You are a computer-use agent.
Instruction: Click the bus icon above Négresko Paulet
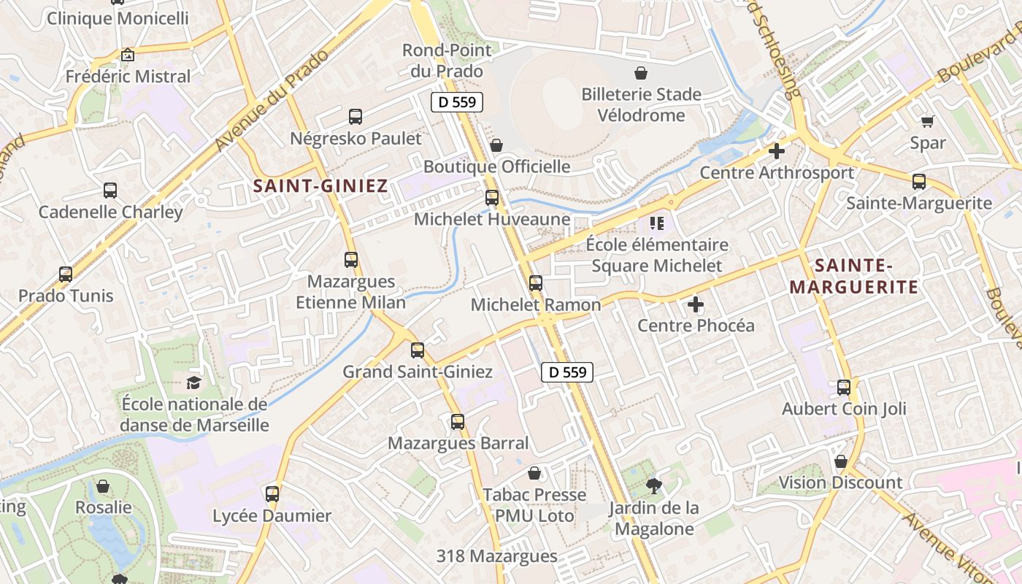(356, 116)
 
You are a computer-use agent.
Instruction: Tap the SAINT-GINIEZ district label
(320, 186)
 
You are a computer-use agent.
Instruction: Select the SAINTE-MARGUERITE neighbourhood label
(854, 276)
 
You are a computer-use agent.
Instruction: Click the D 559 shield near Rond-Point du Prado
(457, 102)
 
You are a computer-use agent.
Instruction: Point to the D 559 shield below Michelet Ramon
(567, 372)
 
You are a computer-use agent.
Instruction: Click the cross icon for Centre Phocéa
(696, 304)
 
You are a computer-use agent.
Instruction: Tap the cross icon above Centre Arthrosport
(777, 151)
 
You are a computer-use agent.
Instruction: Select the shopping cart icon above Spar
(927, 121)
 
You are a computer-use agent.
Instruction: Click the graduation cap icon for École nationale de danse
(193, 383)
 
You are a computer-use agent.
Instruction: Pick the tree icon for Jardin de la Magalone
(654, 485)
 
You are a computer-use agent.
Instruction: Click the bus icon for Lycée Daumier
(272, 494)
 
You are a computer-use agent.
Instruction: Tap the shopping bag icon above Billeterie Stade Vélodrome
(641, 73)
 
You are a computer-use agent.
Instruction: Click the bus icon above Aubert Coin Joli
(844, 388)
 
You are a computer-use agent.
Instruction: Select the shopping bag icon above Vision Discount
(840, 461)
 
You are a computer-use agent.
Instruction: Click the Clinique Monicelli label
(118, 18)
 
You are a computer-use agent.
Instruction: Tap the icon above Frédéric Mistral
(128, 55)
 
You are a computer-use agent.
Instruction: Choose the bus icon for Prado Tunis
(66, 274)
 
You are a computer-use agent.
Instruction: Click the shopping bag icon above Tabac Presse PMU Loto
(534, 473)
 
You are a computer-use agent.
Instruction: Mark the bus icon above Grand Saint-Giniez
(418, 350)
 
